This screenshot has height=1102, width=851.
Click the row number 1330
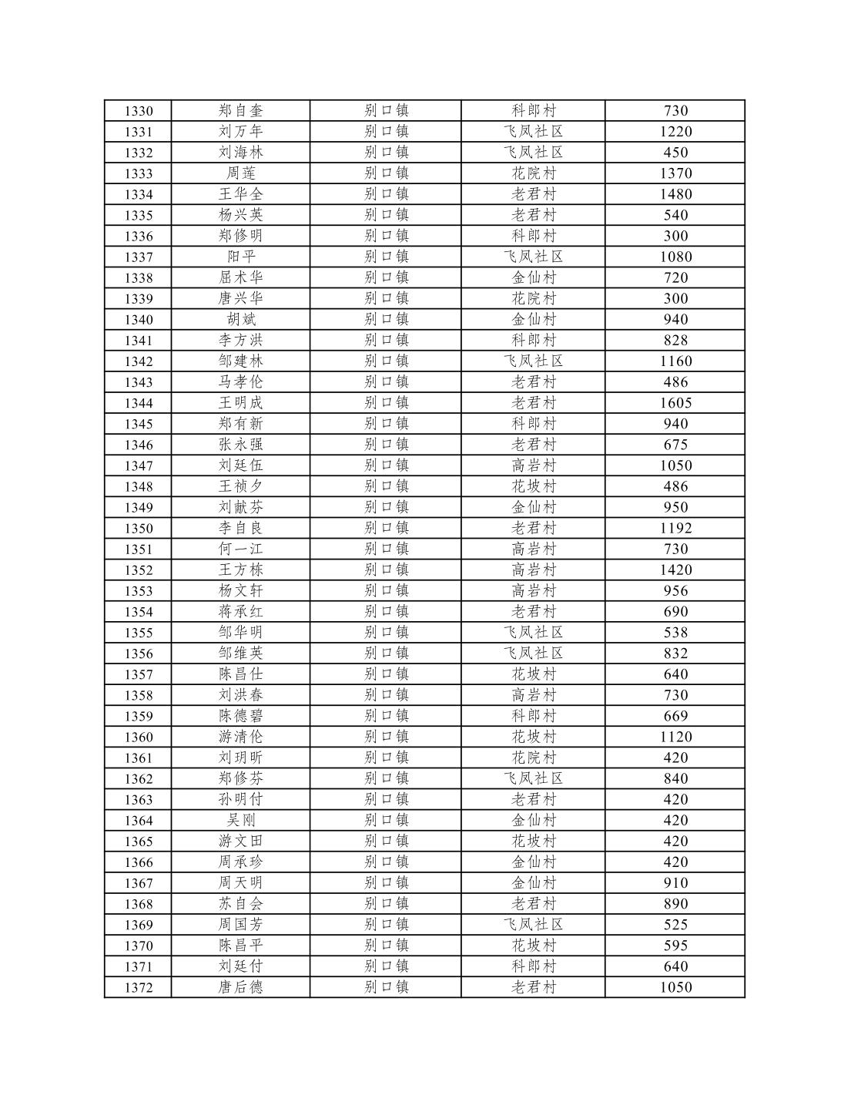click(x=139, y=111)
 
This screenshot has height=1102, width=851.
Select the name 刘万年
click(x=240, y=132)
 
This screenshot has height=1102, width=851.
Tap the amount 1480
click(x=675, y=194)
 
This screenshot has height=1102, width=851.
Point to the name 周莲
click(x=240, y=173)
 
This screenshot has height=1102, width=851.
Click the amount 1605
click(x=675, y=403)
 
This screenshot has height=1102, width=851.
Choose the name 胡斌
click(x=240, y=320)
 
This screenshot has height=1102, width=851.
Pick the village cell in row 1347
click(x=534, y=465)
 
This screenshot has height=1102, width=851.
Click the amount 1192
click(x=675, y=529)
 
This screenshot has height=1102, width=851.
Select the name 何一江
click(x=240, y=549)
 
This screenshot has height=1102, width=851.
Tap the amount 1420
click(x=675, y=570)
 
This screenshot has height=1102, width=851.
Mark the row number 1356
click(x=139, y=653)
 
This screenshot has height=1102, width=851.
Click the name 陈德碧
click(x=240, y=716)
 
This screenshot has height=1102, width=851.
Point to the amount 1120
click(x=675, y=737)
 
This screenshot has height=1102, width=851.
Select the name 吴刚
click(x=240, y=820)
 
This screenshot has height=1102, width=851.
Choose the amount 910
click(x=675, y=883)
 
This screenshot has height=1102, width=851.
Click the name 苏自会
click(x=240, y=904)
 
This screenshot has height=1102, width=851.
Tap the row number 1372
click(x=139, y=988)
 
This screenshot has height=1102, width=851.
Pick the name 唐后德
click(x=240, y=987)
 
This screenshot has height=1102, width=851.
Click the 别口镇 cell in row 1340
click(x=386, y=320)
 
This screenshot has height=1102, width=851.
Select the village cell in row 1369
click(x=534, y=925)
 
